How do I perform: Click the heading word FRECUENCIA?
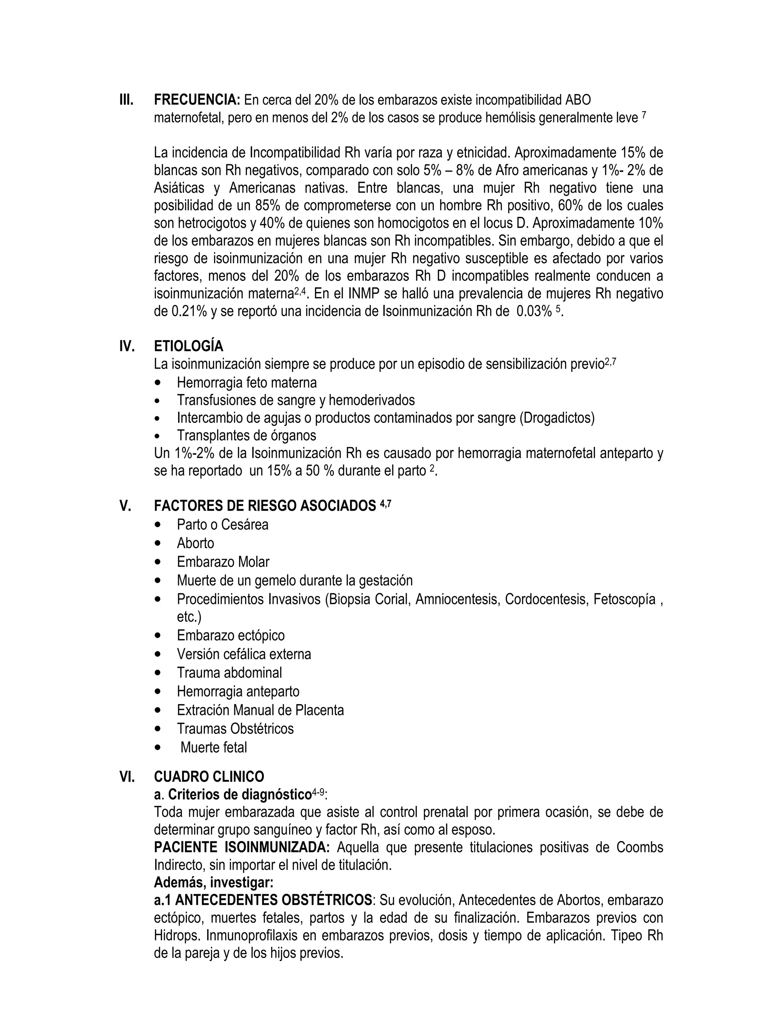point(197,100)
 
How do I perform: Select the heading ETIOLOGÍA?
point(188,346)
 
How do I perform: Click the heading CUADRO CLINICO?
point(209,776)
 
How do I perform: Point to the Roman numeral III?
point(126,100)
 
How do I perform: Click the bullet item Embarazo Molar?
point(223,562)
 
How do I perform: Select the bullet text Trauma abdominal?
point(229,672)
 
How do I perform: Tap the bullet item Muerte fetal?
point(213,747)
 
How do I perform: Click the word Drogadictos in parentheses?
point(557,418)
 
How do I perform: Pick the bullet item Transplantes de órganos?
point(246,435)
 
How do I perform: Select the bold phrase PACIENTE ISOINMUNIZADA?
point(242,847)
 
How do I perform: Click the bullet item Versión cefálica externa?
point(244,654)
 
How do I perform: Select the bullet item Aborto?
point(195,543)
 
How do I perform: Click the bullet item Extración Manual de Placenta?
point(260,710)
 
